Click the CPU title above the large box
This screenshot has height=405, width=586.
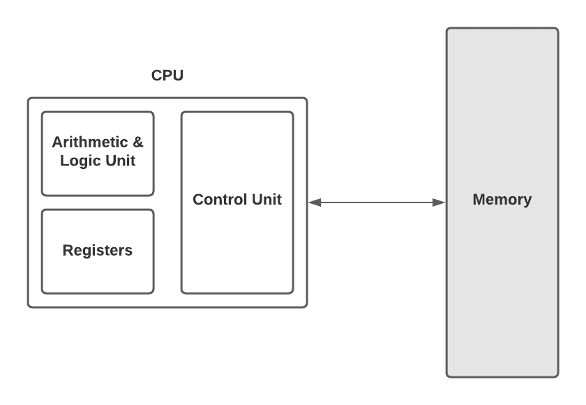(167, 75)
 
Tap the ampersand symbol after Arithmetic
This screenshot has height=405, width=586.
(137, 142)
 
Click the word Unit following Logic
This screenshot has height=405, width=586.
(119, 161)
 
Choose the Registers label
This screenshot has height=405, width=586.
(98, 250)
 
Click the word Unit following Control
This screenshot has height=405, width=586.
(268, 200)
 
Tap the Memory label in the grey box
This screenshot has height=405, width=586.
(502, 200)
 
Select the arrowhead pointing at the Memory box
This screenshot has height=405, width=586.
(439, 202)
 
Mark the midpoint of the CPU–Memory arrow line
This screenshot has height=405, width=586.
(377, 202)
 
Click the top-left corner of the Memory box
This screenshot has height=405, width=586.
(448, 29)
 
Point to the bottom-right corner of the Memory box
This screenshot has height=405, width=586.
(557, 376)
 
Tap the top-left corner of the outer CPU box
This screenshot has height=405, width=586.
(29, 98)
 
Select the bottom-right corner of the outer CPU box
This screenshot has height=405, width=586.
(306, 307)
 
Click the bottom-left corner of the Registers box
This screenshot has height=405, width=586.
(43, 293)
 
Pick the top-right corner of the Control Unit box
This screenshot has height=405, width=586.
(292, 112)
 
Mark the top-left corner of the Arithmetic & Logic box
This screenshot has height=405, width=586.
(43, 112)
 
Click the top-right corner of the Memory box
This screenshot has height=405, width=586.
(557, 29)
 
